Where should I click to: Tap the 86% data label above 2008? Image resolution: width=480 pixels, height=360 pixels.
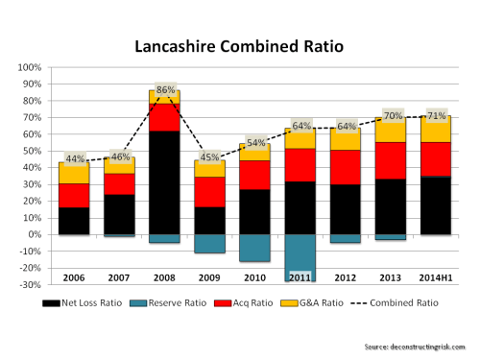point(165,90)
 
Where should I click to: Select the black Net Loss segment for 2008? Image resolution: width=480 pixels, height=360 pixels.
point(165,182)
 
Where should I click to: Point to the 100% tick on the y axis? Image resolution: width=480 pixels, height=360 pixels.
point(29,68)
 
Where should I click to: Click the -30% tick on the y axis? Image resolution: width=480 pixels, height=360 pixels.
point(29,285)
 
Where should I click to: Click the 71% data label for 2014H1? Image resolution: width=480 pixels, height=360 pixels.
point(436,115)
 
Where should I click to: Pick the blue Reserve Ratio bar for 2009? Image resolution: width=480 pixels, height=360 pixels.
point(210,244)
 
